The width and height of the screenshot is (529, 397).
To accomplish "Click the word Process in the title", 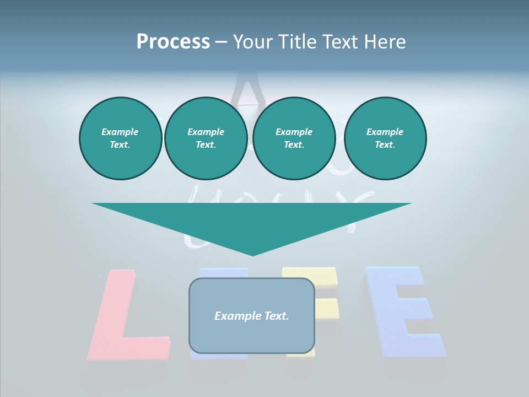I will [x=173, y=42].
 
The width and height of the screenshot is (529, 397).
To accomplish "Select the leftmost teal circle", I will [x=120, y=138].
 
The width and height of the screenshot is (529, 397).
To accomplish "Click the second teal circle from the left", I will [x=206, y=138].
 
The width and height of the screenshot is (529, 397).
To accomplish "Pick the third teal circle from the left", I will [x=294, y=138].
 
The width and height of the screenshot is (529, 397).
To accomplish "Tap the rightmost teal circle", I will [x=385, y=138].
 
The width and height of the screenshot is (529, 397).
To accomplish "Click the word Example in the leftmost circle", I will [x=120, y=132].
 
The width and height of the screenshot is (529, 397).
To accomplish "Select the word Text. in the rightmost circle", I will [x=385, y=145].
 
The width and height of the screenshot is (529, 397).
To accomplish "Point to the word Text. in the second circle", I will [x=206, y=145].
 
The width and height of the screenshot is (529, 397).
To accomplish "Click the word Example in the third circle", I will [x=294, y=132].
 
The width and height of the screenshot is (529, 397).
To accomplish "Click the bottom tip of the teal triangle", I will [x=252, y=254].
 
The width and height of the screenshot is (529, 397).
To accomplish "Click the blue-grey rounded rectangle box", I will [x=252, y=336].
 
